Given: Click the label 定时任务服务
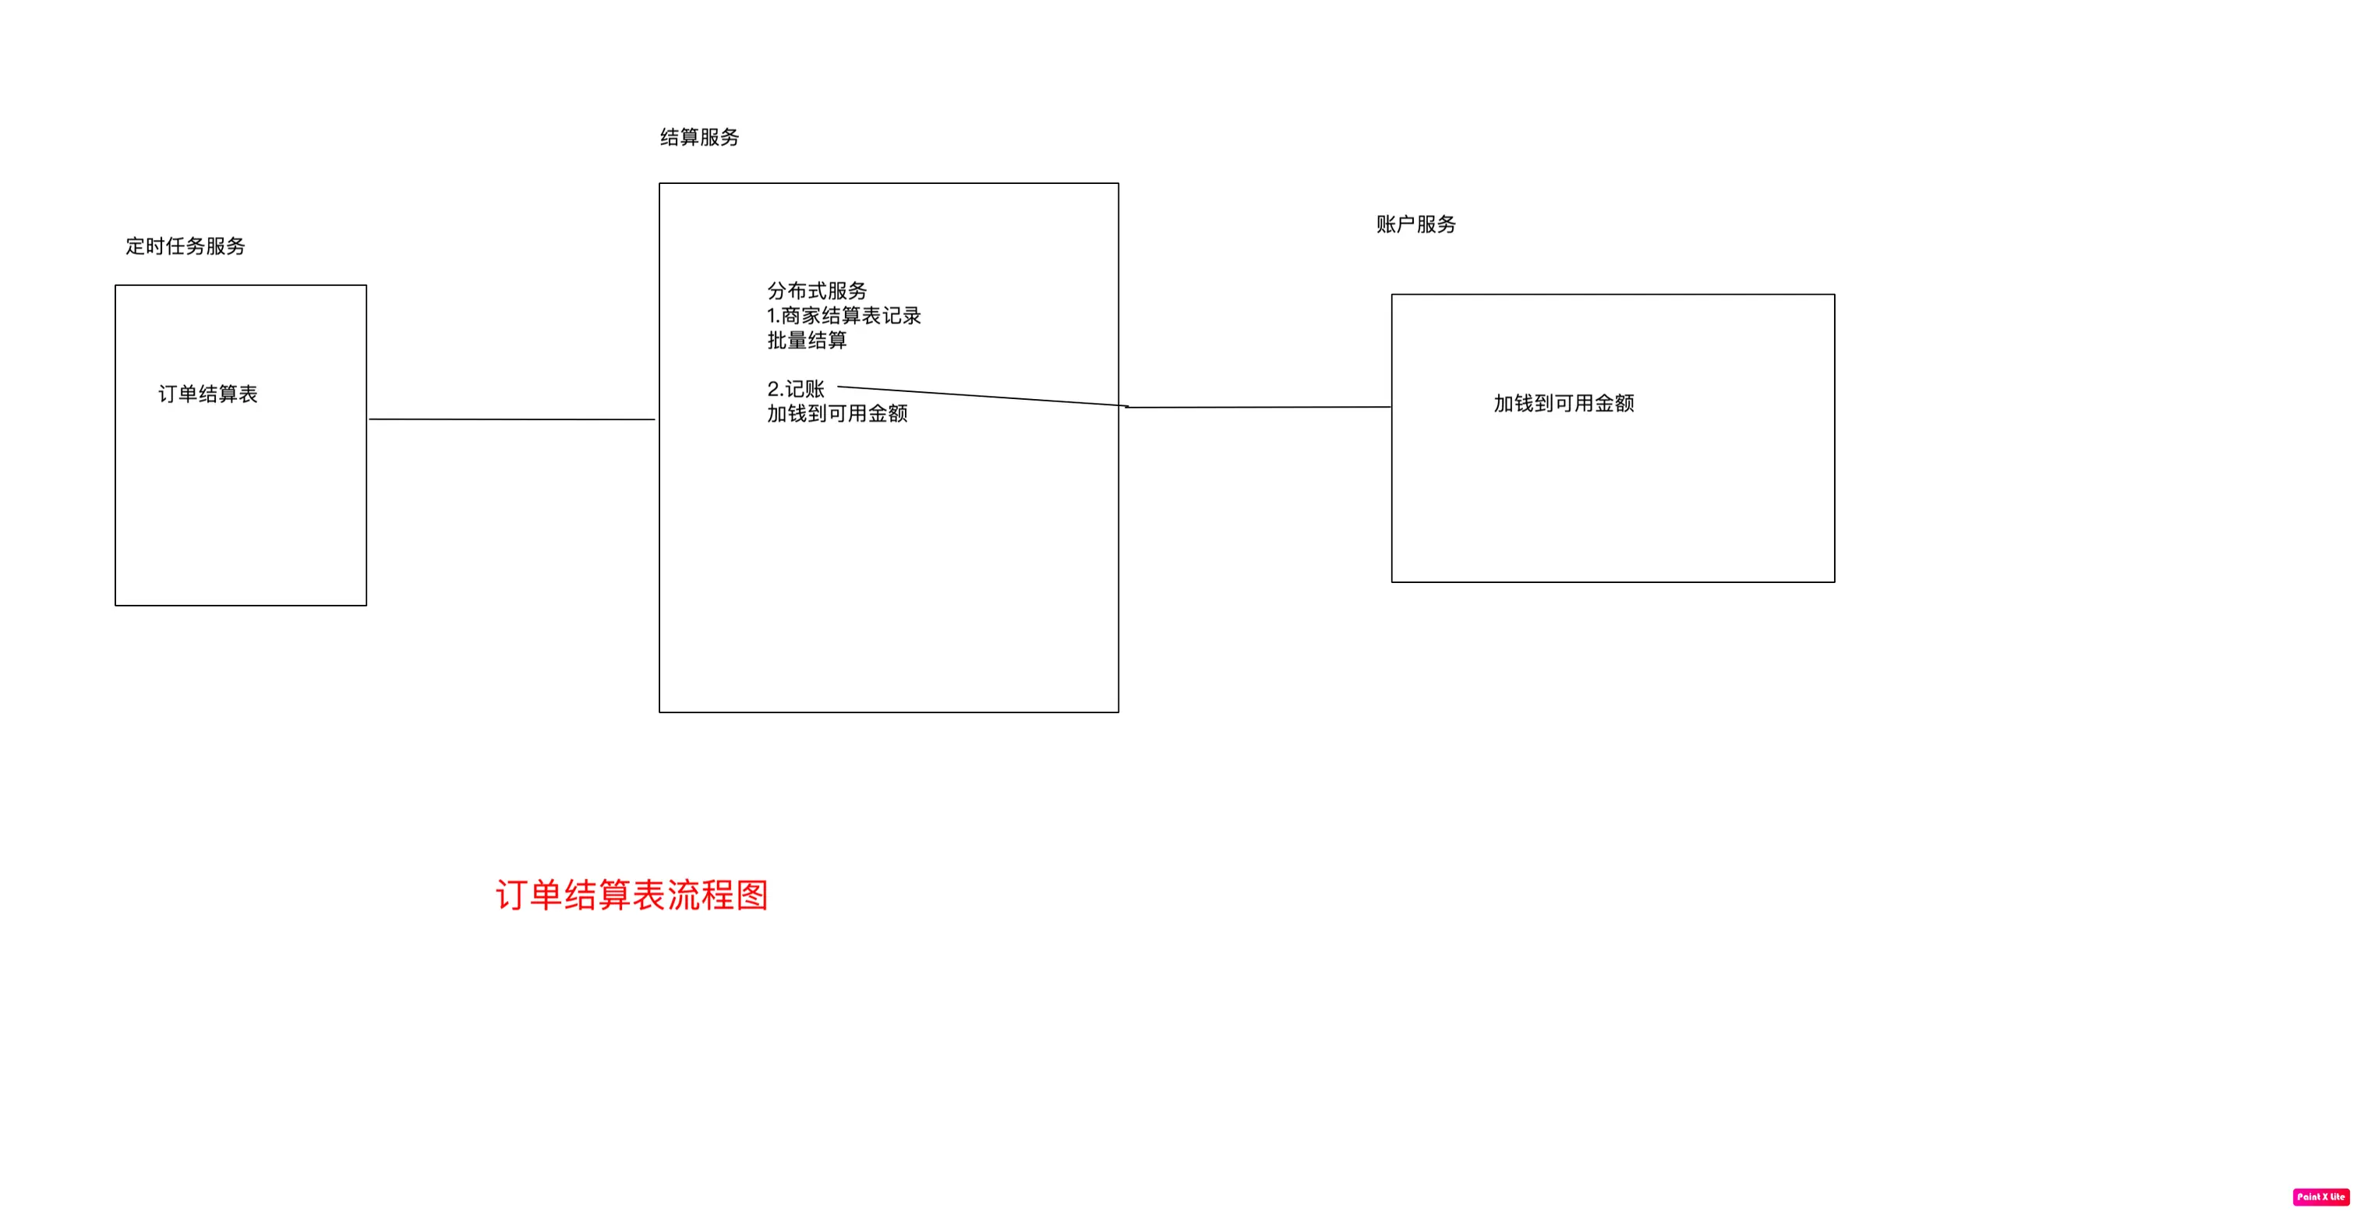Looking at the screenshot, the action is point(185,246).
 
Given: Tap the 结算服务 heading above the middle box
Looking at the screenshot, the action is point(699,137).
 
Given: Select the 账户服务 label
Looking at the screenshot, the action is point(1415,224).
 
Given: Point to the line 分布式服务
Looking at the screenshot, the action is point(816,291).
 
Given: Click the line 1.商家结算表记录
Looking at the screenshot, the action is point(843,316).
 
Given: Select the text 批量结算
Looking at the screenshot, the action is point(806,341).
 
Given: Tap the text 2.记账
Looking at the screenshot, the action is point(795,389).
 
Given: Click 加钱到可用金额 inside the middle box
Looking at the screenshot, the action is point(836,413).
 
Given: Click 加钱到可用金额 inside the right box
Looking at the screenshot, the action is point(1563,404).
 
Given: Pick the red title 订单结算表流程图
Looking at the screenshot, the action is point(631,895).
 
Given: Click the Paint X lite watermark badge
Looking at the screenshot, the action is point(2320,1196).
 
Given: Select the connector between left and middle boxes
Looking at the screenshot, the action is point(511,419).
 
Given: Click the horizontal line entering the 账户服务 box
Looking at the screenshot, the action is point(1259,407).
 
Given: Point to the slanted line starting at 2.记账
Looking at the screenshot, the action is point(979,395).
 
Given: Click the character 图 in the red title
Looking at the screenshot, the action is point(752,895).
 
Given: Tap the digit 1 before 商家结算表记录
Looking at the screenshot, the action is point(772,316).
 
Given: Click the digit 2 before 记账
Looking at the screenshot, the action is point(773,389).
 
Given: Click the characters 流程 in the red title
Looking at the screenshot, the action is point(700,895).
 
